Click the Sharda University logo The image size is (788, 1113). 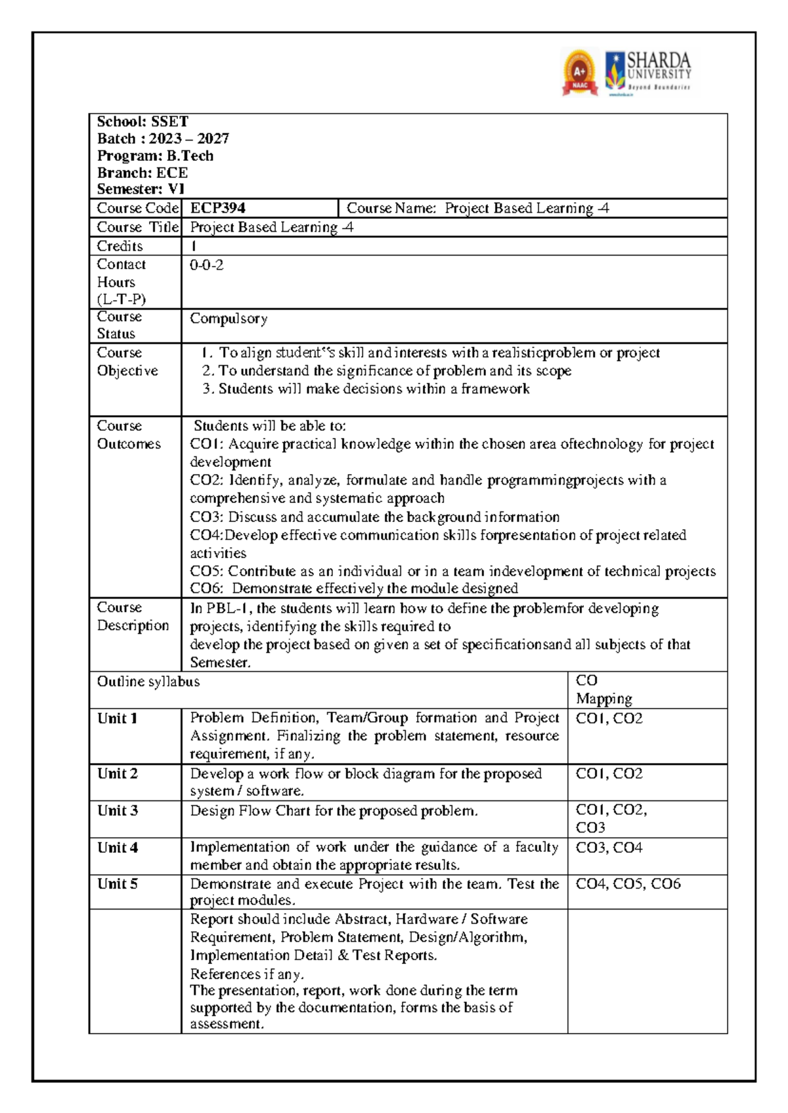pyautogui.click(x=648, y=72)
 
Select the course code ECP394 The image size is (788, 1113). pyautogui.click(x=217, y=208)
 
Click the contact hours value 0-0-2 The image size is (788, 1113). pyautogui.click(x=206, y=265)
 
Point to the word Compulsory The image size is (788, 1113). pyautogui.click(x=229, y=318)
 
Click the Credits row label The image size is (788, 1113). pyautogui.click(x=120, y=246)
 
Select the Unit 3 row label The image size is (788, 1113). pyautogui.click(x=118, y=810)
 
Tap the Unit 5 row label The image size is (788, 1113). pyautogui.click(x=118, y=884)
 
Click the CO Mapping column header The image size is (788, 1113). pyautogui.click(x=603, y=689)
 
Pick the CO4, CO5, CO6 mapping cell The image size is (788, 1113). pyautogui.click(x=628, y=884)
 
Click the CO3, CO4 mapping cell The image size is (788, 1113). pyautogui.click(x=609, y=847)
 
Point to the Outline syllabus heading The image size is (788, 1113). pyautogui.click(x=148, y=682)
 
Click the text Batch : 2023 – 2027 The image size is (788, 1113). pyautogui.click(x=163, y=139)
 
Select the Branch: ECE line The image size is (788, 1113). pyautogui.click(x=142, y=173)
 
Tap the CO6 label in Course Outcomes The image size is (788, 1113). pyautogui.click(x=206, y=588)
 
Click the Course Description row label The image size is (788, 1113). pyautogui.click(x=133, y=617)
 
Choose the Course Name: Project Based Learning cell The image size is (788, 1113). pyautogui.click(x=477, y=208)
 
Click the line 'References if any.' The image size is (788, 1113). pyautogui.click(x=247, y=974)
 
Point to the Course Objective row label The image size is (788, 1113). pyautogui.click(x=127, y=362)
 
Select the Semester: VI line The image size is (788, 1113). pyautogui.click(x=141, y=189)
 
